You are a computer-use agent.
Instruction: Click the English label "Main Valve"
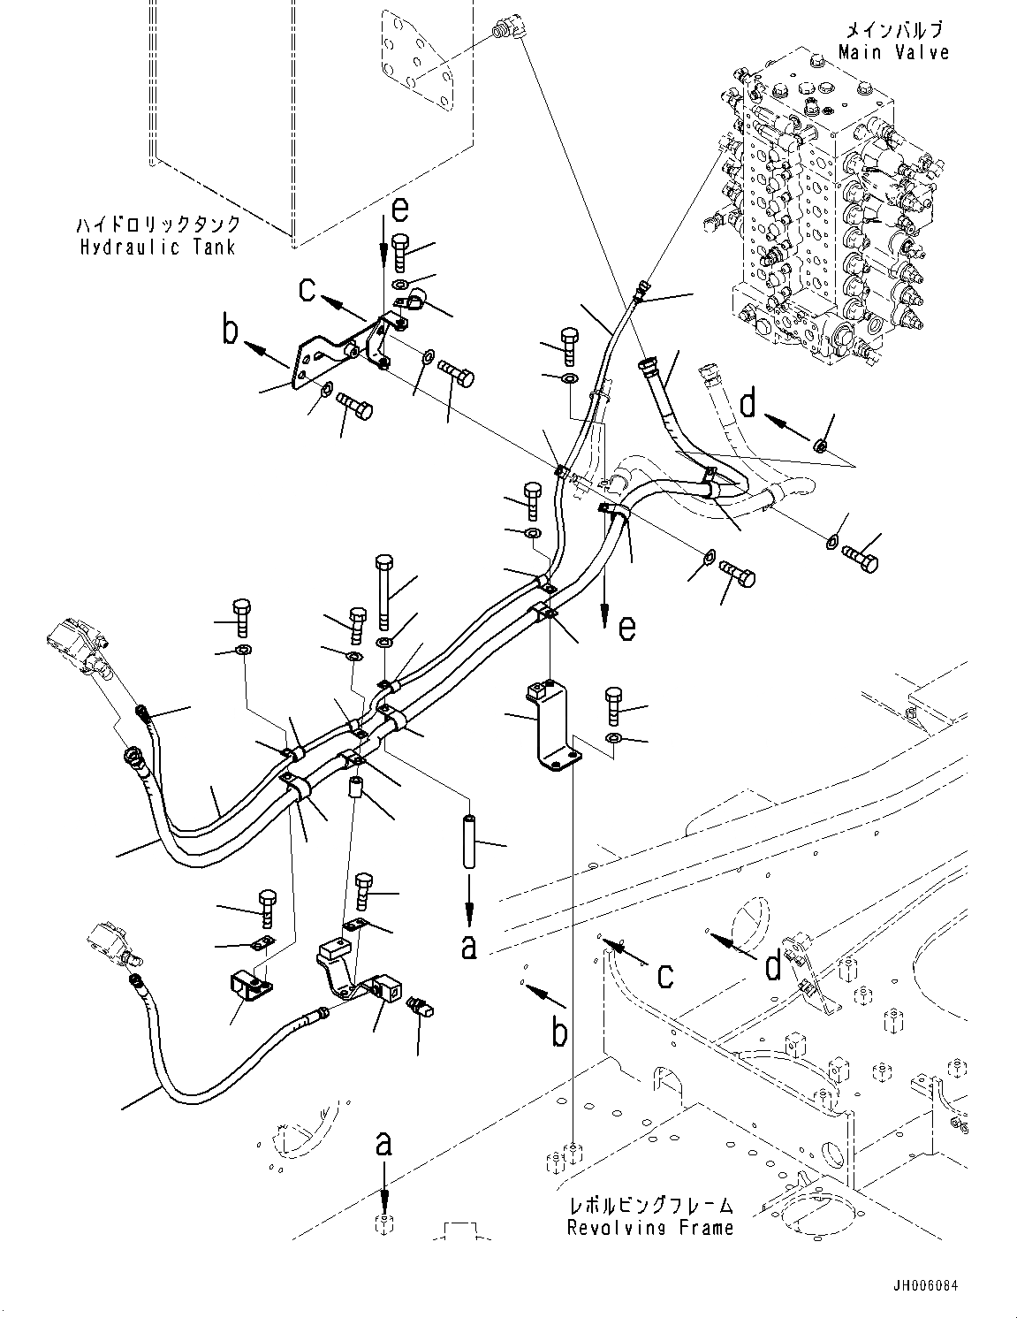(x=893, y=52)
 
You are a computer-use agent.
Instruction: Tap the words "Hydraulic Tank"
(x=158, y=247)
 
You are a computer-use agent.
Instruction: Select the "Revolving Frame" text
(x=649, y=1228)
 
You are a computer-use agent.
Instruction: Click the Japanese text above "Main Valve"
(x=893, y=29)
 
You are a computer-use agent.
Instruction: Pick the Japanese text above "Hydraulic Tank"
(x=158, y=224)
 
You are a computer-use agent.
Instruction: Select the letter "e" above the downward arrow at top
(x=400, y=210)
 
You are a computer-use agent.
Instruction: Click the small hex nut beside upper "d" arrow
(x=821, y=446)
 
